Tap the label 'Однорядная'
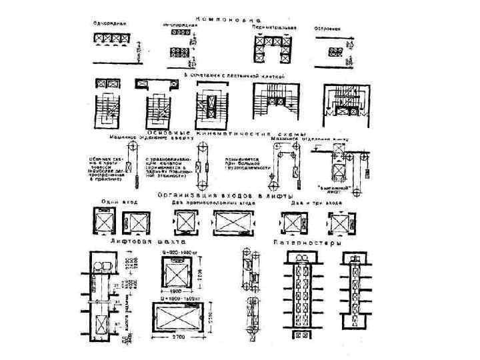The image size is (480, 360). click(110, 25)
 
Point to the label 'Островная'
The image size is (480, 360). click(327, 29)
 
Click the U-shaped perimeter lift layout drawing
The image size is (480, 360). click(273, 47)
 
